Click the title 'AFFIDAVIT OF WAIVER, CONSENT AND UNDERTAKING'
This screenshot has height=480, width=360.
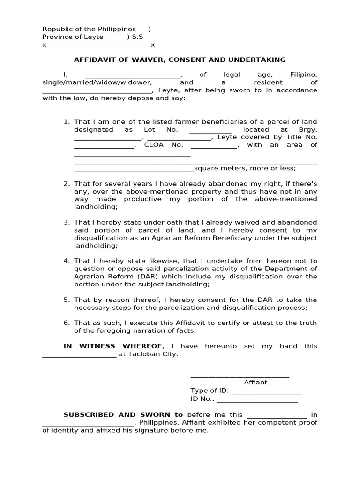pos(180,60)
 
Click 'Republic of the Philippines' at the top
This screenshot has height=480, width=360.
pos(89,29)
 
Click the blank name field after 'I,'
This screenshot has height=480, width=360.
pos(133,75)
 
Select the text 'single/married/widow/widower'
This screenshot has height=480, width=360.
pos(97,82)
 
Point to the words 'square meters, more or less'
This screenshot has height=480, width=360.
pos(245,168)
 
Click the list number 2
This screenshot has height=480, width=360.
pos(67,184)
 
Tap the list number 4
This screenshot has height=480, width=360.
pos(67,261)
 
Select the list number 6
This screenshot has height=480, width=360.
pos(67,323)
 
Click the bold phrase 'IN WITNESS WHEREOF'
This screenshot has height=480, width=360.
pos(114,346)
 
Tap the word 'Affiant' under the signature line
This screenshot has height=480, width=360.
pos(255,382)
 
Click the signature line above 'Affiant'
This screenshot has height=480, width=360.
pos(240,376)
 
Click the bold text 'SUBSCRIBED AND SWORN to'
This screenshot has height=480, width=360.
pos(123,415)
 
